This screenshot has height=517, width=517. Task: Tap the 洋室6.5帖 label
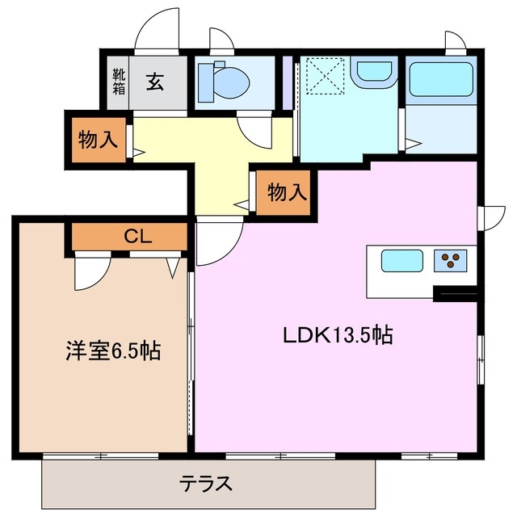pyautogui.click(x=112, y=351)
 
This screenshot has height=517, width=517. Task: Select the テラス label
pyautogui.click(x=205, y=484)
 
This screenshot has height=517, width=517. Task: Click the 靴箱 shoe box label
pyautogui.click(x=118, y=82)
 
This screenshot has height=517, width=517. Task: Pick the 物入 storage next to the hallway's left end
pyautogui.click(x=96, y=139)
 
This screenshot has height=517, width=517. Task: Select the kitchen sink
pyautogui.click(x=401, y=261)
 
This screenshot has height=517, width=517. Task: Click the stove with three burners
pyautogui.click(x=451, y=260)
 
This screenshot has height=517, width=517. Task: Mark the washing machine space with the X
pyautogui.click(x=327, y=75)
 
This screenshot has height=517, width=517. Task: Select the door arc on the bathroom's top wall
pyautogui.click(x=454, y=42)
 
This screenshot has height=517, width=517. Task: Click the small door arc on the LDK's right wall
pyautogui.click(x=488, y=217)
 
